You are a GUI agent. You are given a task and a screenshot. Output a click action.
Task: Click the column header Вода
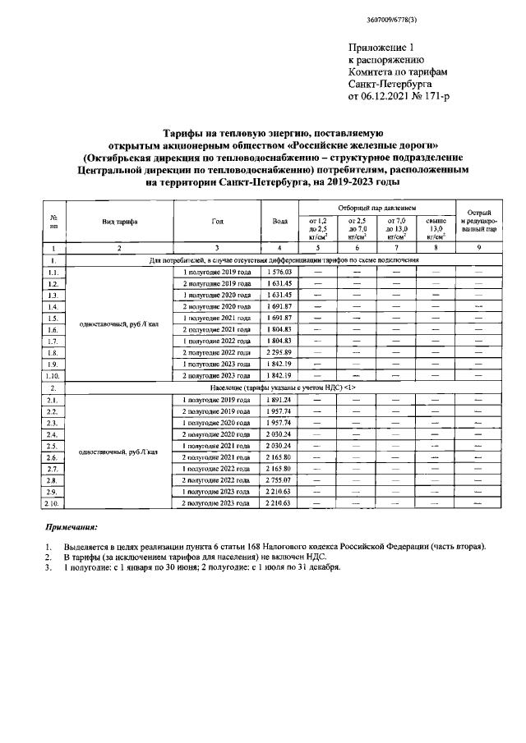tap(279, 222)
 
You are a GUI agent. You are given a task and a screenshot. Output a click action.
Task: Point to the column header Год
tap(217, 222)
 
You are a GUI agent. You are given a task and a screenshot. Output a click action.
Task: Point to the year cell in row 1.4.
tap(217, 305)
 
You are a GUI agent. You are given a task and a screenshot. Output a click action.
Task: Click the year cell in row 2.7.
tap(217, 468)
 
